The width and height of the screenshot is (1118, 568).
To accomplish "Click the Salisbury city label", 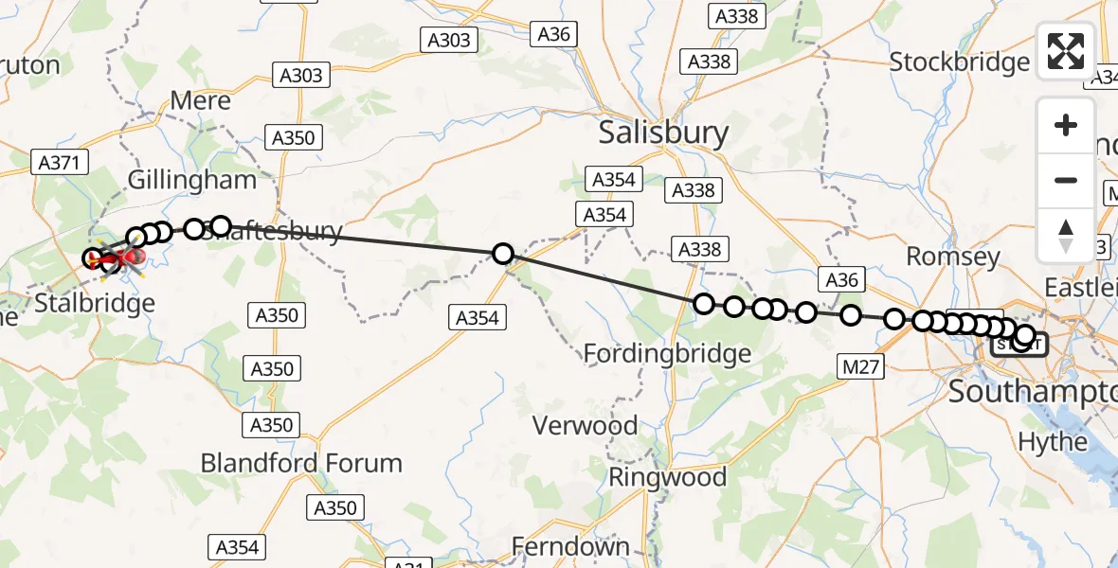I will tap(663, 133).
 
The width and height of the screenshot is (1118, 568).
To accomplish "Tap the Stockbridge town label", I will tap(959, 62).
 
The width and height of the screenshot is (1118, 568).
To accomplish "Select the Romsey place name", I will tap(953, 256).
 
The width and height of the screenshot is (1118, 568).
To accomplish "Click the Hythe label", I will tap(1052, 441).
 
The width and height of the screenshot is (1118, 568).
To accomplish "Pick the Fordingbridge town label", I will tap(667, 354).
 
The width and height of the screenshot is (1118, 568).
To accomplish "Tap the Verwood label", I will tap(585, 426).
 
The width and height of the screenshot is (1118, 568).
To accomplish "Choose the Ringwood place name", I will tap(667, 476).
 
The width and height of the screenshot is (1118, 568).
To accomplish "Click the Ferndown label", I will tap(570, 546).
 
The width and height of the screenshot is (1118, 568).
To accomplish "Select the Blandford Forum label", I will tap(301, 464).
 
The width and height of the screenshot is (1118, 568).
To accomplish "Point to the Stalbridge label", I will tap(95, 304).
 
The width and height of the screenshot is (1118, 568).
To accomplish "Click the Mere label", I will tap(200, 100).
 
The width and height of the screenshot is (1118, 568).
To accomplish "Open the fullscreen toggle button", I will tap(1066, 50).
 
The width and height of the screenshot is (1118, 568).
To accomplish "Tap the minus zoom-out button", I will tap(1066, 180).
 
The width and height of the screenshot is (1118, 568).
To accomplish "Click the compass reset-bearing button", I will tap(1066, 234).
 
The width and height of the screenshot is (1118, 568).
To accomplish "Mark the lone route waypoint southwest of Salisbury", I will tap(503, 254).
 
